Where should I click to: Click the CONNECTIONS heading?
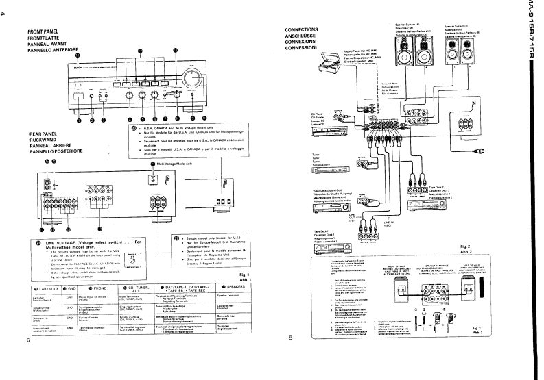point(300,31)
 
